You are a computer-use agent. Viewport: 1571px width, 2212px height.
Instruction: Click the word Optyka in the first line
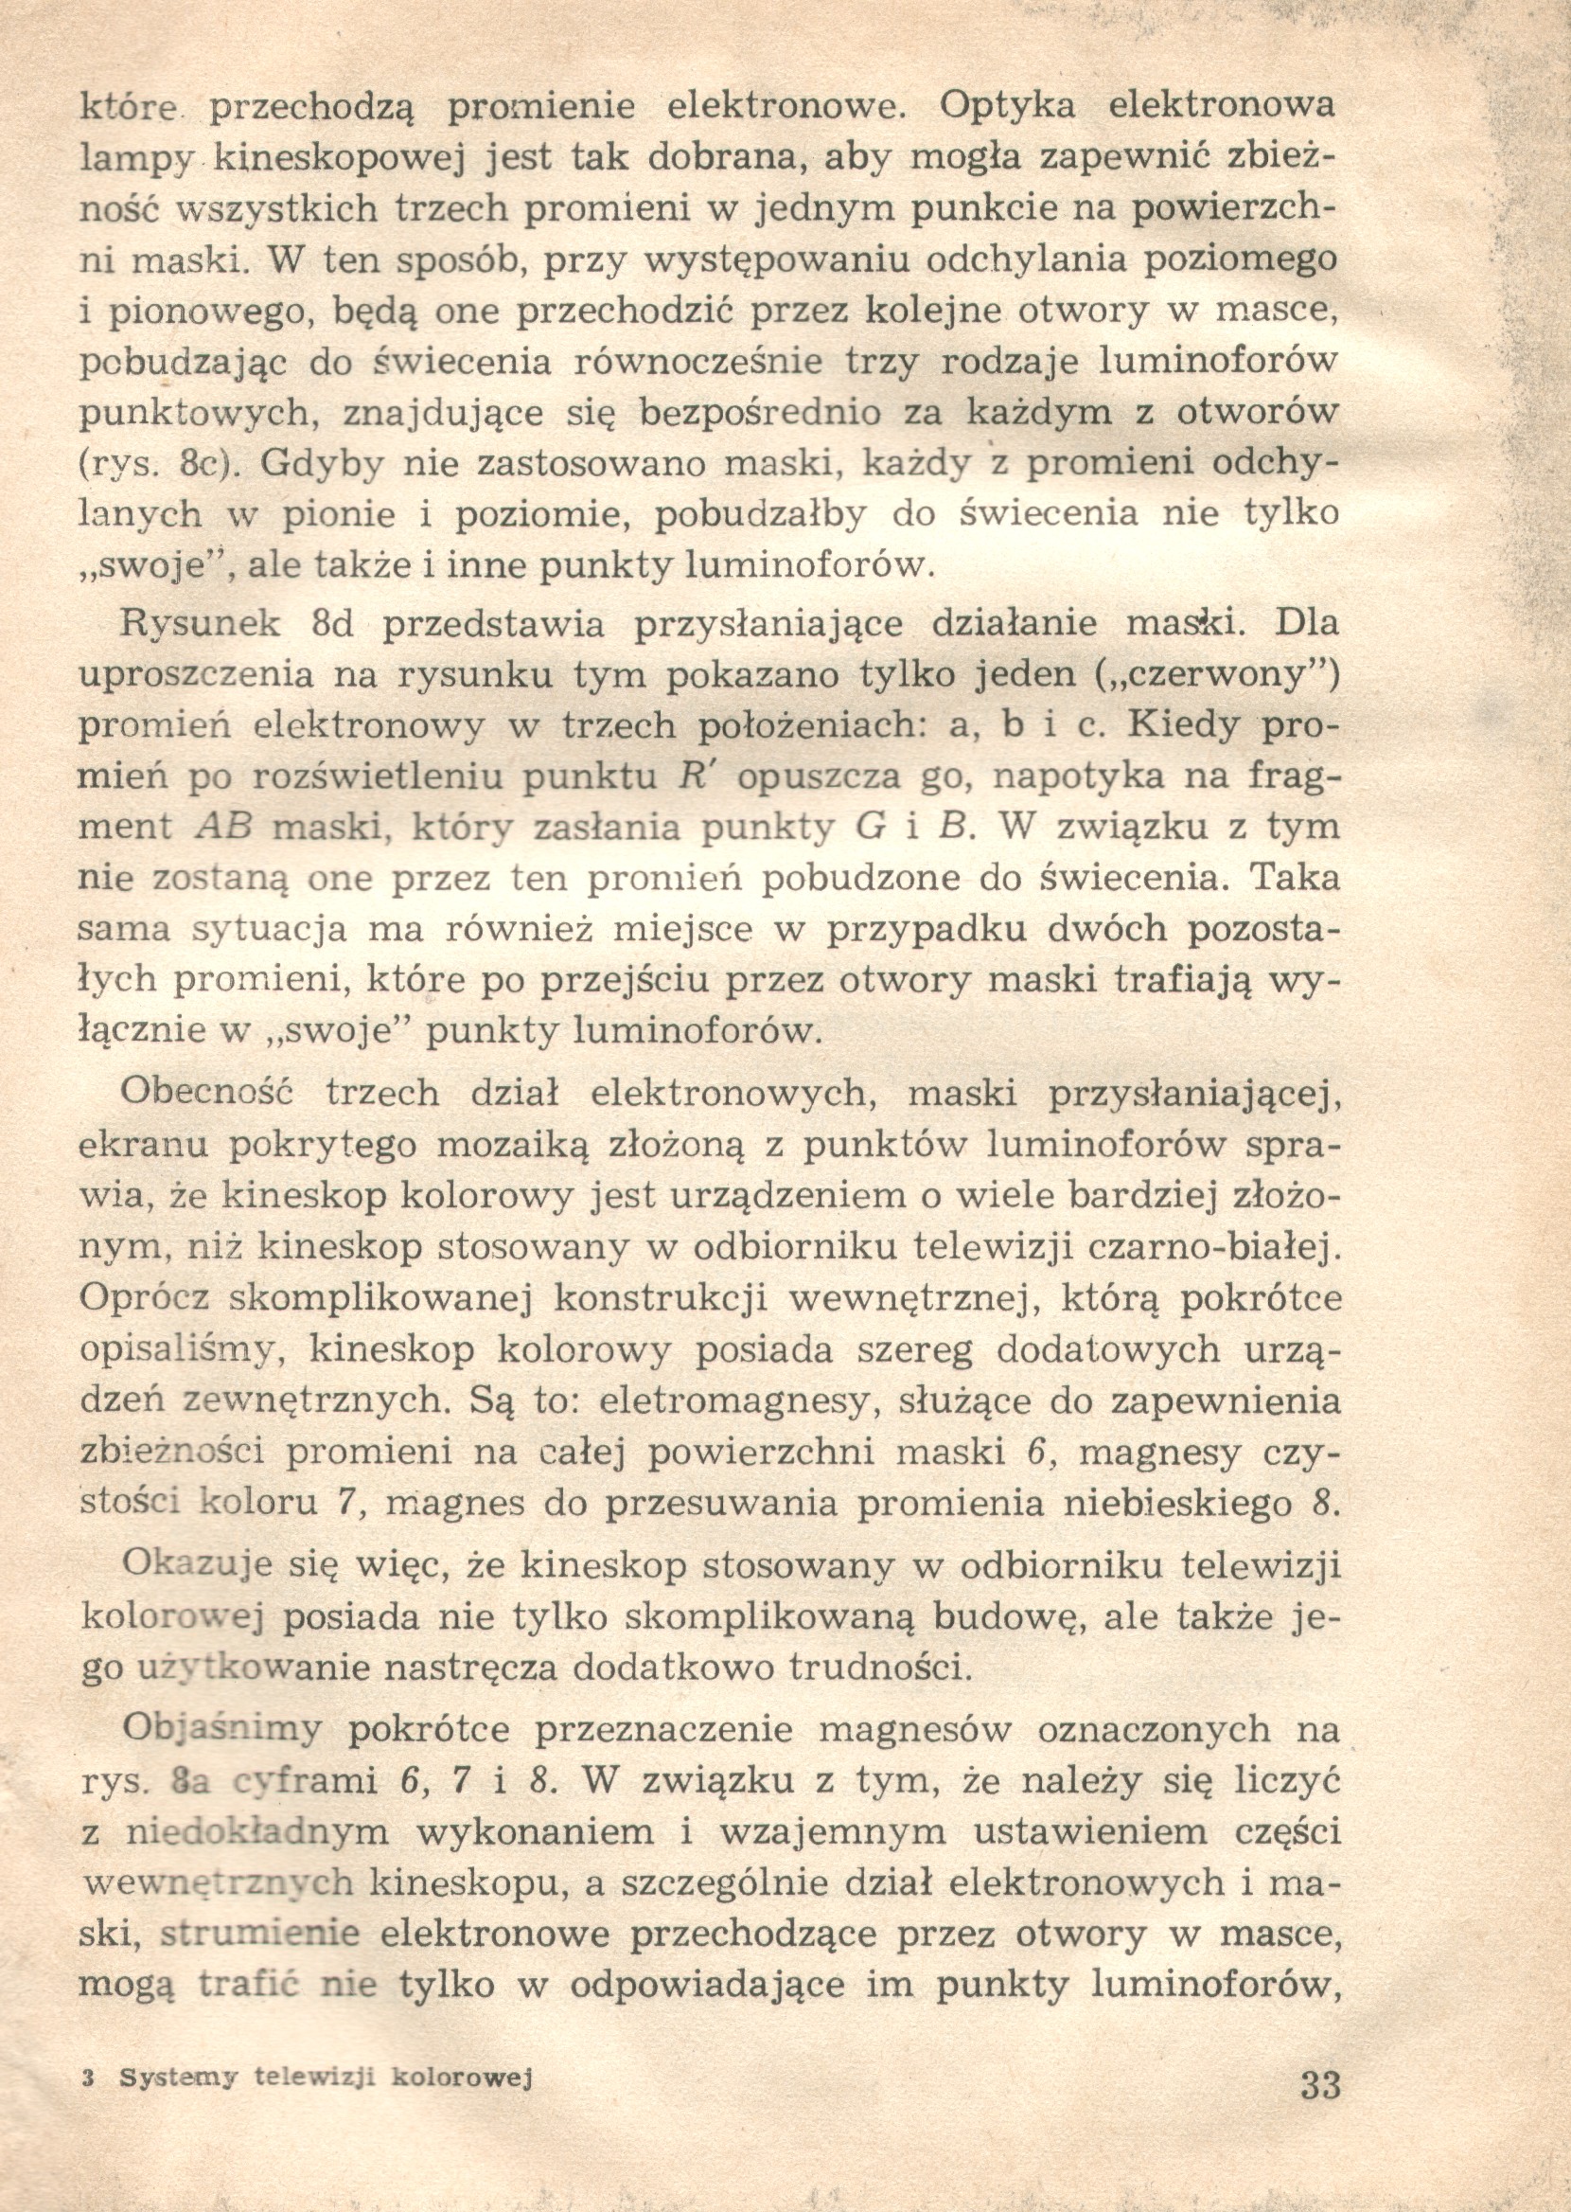pyautogui.click(x=1006, y=105)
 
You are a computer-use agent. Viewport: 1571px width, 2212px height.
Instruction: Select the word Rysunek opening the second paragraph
pyautogui.click(x=201, y=624)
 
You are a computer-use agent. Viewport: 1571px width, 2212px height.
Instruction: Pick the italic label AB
pyautogui.click(x=223, y=828)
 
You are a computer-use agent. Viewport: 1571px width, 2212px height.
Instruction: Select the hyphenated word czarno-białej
pyautogui.click(x=1217, y=1247)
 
